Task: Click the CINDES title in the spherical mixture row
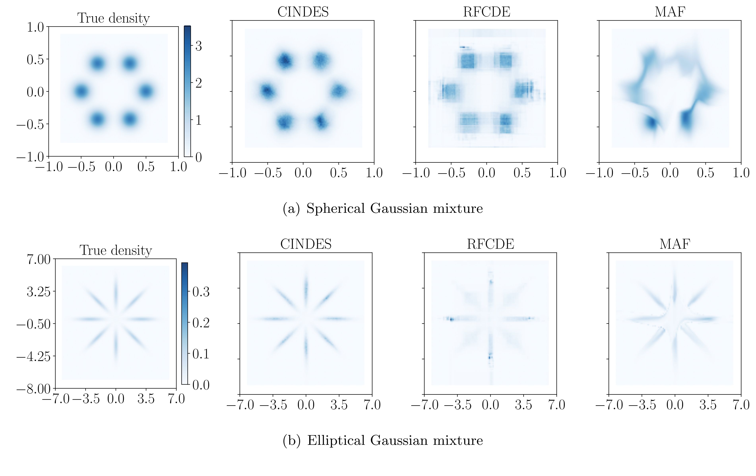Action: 303,12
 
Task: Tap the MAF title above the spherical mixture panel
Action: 670,12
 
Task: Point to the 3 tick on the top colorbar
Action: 198,46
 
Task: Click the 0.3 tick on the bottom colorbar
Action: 201,292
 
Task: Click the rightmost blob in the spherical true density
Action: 146,92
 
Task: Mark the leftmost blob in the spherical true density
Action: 81,92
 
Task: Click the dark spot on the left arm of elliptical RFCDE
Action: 452,319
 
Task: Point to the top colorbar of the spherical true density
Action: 187,91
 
